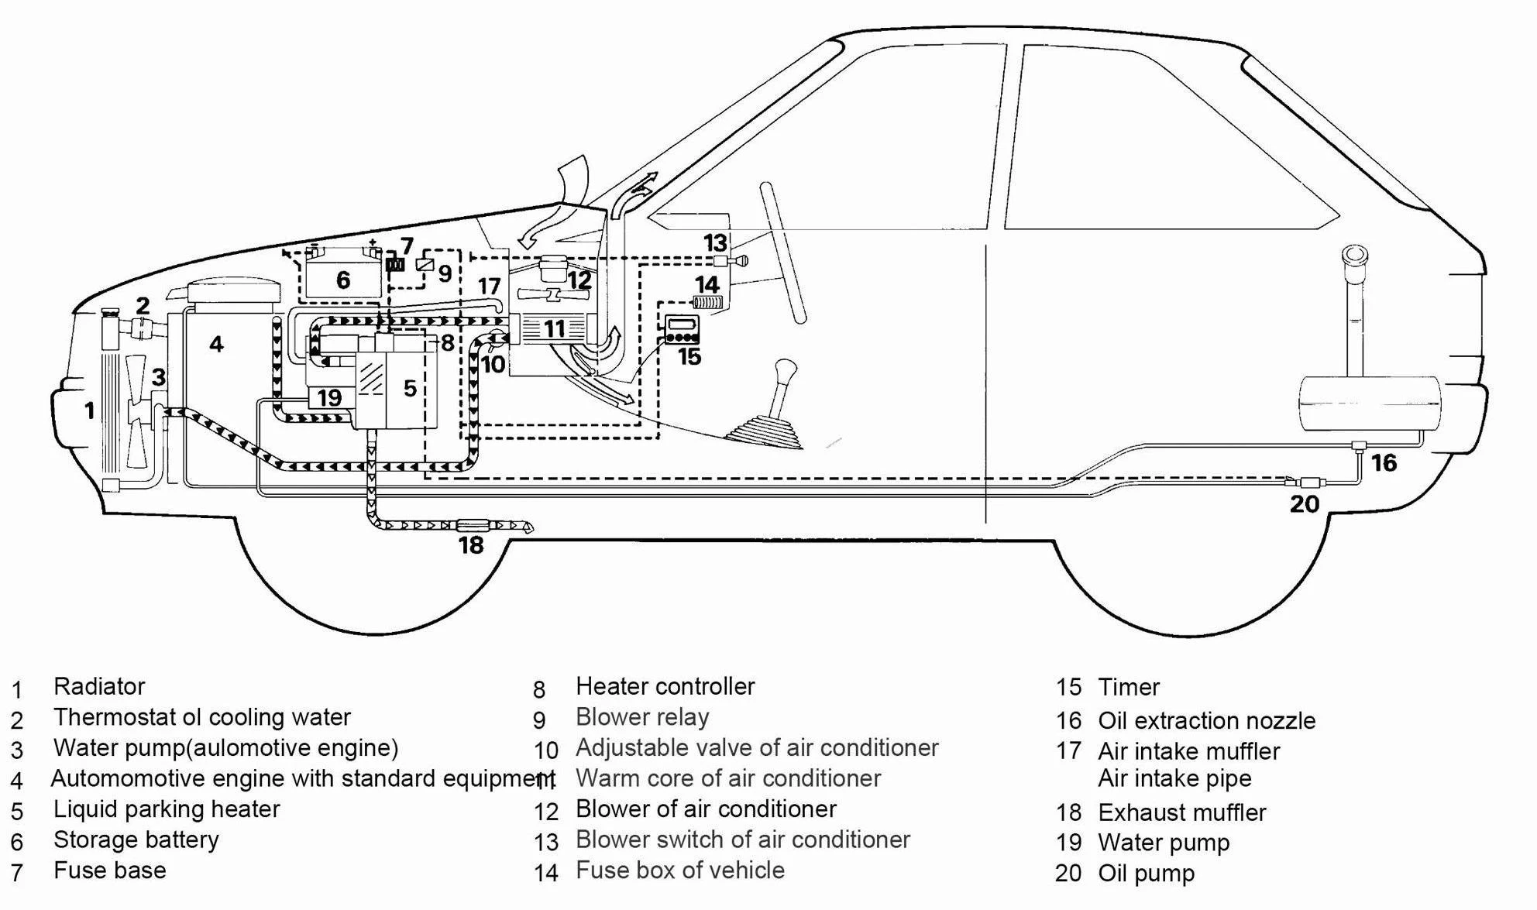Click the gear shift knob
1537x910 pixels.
coord(786,370)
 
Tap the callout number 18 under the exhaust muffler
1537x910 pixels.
coord(471,545)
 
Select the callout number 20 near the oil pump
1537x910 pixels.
coord(1305,504)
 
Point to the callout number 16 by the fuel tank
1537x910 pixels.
coord(1384,463)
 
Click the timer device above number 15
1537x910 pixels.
coord(683,329)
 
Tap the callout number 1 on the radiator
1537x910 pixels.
coord(89,410)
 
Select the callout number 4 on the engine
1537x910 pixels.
coord(216,344)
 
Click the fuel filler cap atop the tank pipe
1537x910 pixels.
coord(1356,256)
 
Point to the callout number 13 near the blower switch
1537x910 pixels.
coord(715,243)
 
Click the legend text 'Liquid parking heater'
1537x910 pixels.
coord(167,809)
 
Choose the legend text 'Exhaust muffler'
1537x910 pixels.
coord(1182,812)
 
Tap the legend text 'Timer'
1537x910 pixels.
coord(1129,687)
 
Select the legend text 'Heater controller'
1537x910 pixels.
coord(665,686)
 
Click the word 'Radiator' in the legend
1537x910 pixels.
coord(99,686)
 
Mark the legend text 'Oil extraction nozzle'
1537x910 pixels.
coord(1207,721)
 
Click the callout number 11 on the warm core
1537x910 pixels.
coord(554,329)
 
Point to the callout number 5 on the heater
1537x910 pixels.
coord(410,388)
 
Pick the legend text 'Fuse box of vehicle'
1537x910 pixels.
coord(680,871)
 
